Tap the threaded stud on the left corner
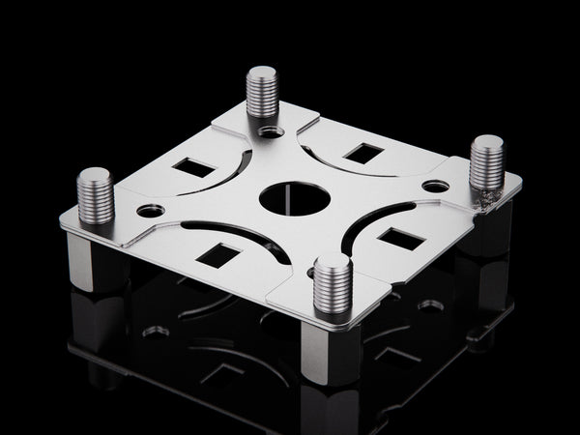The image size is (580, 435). pos(95,195)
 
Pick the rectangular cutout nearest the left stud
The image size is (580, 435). pos(193,167)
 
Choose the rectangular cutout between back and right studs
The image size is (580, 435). pos(363,152)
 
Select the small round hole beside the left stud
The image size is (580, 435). pos(151,209)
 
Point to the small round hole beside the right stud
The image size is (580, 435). pos(436,185)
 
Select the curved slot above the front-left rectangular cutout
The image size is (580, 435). pos(232,235)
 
